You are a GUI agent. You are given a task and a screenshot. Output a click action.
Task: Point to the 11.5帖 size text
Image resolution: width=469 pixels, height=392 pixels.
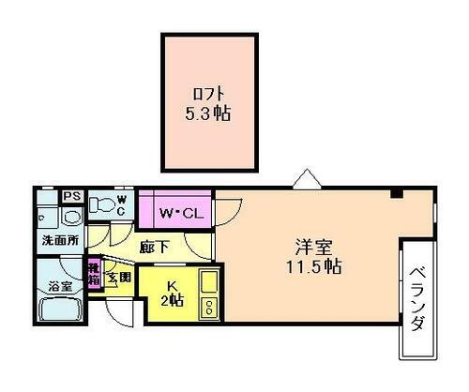pos(314,267)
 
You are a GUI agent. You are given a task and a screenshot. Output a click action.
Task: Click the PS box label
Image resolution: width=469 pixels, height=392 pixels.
pos(72,196)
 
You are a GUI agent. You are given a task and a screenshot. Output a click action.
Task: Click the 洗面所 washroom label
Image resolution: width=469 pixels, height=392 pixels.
pos(58,241)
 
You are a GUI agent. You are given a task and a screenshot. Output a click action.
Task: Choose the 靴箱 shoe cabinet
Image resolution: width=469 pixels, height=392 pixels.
pos(94,272)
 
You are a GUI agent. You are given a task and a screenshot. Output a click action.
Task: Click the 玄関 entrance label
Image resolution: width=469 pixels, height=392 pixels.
pos(117,277)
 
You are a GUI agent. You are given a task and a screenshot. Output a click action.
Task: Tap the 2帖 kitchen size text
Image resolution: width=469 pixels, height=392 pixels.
pos(172,302)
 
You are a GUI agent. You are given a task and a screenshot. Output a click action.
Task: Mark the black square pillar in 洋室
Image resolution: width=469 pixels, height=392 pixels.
pos(397,194)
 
